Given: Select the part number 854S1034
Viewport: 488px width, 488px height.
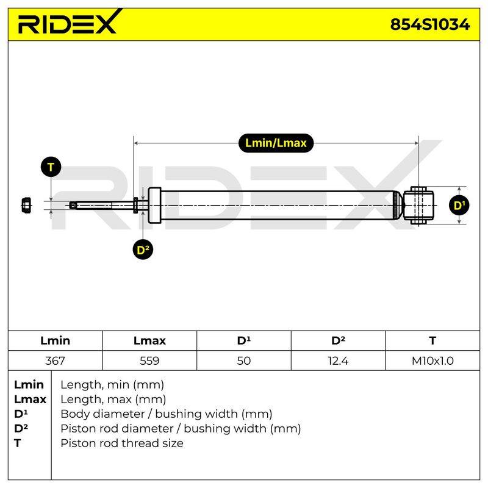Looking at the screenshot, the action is pos(430,24).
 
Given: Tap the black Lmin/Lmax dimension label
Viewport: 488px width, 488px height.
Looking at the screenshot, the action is pos(276,143).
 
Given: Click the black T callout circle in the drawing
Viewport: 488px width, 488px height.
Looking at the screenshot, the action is pos(51,167).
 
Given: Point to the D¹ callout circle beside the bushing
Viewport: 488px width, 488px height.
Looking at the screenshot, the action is pos(459,205).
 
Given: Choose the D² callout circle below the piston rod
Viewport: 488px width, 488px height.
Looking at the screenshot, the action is pos(143,249).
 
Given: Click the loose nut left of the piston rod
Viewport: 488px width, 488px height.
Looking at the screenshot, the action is pos(26,205).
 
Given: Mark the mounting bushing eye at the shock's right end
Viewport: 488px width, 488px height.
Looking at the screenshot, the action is pos(418,205).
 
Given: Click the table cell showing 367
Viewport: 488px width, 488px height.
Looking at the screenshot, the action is pos(55,361).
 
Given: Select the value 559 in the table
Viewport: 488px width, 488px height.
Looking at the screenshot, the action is pos(149,361).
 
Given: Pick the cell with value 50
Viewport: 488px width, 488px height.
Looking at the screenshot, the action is pos(243,361).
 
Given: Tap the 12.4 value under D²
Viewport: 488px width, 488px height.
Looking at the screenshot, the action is pos(338,361).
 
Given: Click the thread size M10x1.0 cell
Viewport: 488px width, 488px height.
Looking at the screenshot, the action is pos(432,361).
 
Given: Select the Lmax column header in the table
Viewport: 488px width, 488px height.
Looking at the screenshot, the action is pos(149,340).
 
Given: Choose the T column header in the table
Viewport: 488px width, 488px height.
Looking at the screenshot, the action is pos(432,340).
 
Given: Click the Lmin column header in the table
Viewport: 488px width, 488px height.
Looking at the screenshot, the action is pos(55,340).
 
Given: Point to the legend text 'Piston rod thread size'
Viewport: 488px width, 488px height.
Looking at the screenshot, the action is pos(121,443).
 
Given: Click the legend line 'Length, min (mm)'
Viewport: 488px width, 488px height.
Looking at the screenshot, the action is pos(112,385).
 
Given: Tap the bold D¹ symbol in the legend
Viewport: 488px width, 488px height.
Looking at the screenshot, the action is pos(21,414).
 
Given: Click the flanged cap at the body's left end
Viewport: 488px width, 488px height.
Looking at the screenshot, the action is pos(154,205).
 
